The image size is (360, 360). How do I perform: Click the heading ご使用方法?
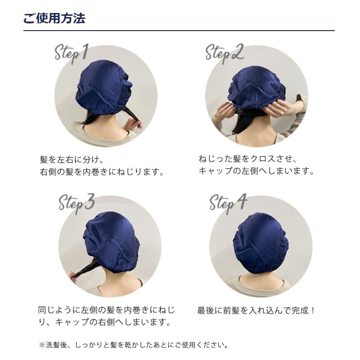click(54, 18)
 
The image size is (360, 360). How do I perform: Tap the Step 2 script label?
click(224, 53)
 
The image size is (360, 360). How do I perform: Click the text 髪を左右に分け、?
click(72, 160)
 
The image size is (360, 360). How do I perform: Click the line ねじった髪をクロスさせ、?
click(248, 159)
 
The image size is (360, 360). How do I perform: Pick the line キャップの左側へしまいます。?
click(256, 171)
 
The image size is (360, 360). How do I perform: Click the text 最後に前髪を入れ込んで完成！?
click(257, 310)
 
